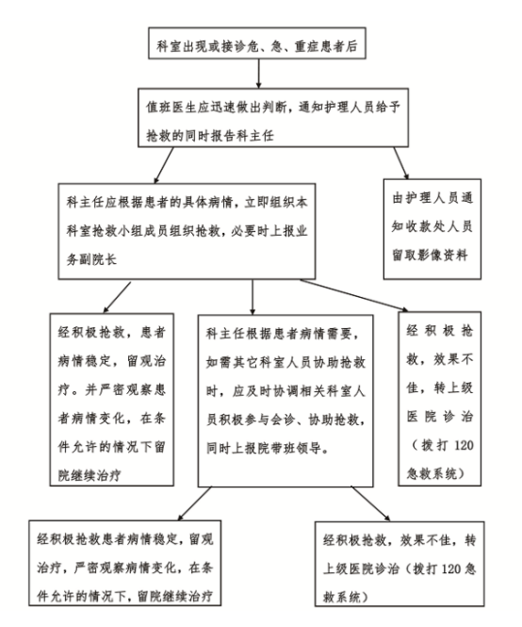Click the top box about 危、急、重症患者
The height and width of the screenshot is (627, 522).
point(257,43)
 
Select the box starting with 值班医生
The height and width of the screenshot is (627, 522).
point(273,118)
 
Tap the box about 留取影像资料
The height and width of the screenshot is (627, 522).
point(432,229)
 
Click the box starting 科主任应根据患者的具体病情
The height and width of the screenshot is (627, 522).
point(187,231)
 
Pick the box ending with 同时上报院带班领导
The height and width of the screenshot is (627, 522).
point(285,401)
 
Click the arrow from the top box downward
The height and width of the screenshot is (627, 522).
point(258,74)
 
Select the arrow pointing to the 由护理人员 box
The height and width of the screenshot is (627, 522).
point(400,163)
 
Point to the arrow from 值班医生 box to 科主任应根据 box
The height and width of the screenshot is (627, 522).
point(164,166)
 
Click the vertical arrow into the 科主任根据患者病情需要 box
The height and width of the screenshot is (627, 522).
point(253,297)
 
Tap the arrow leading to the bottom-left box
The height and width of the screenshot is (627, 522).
point(194,503)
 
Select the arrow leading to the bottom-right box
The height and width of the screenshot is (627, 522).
point(370,503)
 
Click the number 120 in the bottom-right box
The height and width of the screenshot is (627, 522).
point(451,569)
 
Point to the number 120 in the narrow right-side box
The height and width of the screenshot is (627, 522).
point(464,445)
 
